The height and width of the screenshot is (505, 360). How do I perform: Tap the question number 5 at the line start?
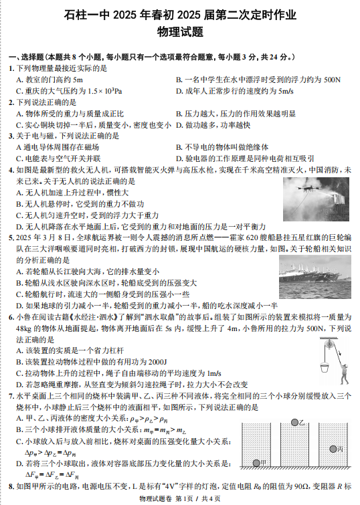[x=11, y=237]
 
